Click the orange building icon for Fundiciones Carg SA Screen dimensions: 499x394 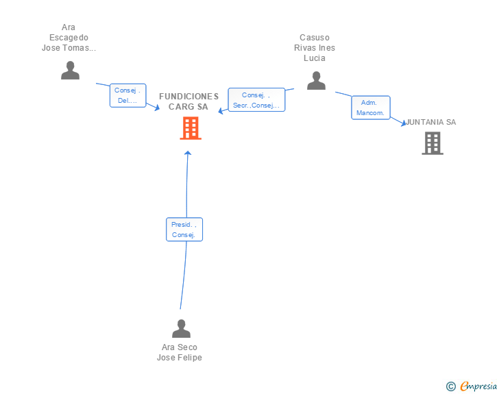(191, 128)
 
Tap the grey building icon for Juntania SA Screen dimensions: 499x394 (433, 143)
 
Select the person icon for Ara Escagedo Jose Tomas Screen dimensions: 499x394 (70, 71)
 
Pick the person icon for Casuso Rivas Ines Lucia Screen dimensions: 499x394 (316, 81)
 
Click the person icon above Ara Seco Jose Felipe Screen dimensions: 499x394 (181, 328)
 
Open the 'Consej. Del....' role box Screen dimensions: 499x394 (128, 95)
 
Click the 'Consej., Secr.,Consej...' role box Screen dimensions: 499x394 (256, 99)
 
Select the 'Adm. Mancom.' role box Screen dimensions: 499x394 (371, 108)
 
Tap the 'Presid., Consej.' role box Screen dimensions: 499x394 (184, 230)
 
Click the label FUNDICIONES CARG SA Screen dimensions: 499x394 (188, 101)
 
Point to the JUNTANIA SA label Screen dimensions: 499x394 (431, 122)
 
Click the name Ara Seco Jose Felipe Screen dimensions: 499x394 (180, 352)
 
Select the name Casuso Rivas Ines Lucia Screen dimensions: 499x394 (315, 48)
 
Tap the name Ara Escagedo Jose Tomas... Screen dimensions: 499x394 (69, 38)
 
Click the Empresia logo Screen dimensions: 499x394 (478, 386)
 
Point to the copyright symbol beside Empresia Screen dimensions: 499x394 (451, 386)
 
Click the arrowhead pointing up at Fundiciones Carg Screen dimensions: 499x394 (188, 153)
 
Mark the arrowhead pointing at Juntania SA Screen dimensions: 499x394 (404, 123)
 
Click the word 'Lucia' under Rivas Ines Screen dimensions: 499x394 (315, 58)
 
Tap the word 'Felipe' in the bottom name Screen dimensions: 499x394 (190, 358)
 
